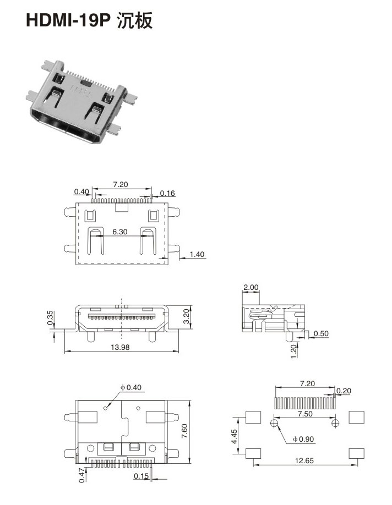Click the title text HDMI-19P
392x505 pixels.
click(x=68, y=20)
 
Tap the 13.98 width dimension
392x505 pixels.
click(x=120, y=347)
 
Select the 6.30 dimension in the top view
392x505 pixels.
click(x=119, y=232)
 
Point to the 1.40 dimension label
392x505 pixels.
click(x=197, y=254)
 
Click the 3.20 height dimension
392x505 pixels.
click(x=186, y=316)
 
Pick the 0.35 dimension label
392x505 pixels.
click(x=50, y=317)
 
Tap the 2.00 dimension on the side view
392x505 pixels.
click(x=251, y=287)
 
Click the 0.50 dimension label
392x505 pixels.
click(x=321, y=333)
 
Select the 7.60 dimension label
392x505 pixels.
click(x=184, y=431)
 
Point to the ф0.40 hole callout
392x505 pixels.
click(x=131, y=387)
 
